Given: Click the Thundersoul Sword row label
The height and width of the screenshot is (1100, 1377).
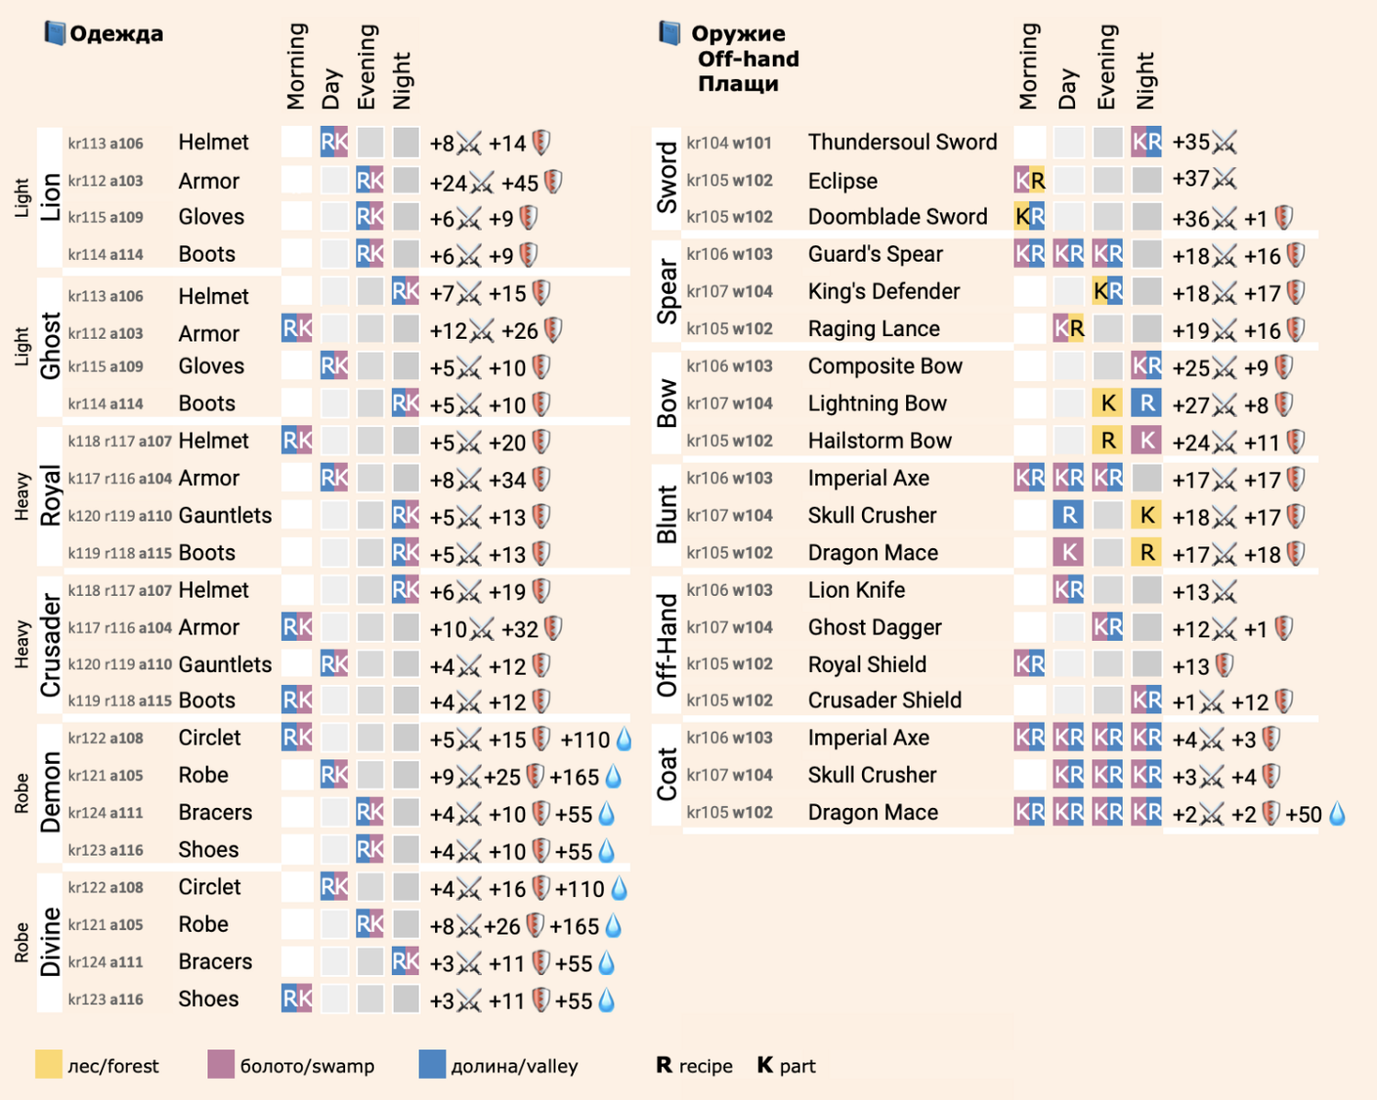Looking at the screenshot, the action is click(x=902, y=142).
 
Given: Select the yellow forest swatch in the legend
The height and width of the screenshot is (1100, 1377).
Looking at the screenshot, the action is click(x=49, y=1063).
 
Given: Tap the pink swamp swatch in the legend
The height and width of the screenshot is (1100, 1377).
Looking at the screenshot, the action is click(x=220, y=1063).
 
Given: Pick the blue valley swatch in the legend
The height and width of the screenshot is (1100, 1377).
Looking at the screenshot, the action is click(x=431, y=1063).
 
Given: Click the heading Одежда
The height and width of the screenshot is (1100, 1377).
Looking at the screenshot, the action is click(x=117, y=33).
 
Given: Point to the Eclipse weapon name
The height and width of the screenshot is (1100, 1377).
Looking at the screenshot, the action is click(x=842, y=181).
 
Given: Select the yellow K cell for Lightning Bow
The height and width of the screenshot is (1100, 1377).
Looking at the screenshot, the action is click(x=1108, y=403).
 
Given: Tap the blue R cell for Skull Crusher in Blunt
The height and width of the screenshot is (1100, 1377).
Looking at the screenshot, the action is click(x=1069, y=515).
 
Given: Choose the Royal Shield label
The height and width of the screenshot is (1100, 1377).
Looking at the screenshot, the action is click(x=867, y=664).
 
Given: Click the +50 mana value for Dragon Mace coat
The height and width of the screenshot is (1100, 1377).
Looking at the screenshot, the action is click(x=1304, y=814).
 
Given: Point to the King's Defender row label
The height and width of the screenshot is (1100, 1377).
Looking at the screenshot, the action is click(x=884, y=291).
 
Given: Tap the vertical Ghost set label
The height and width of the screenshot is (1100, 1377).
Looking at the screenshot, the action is click(x=50, y=345).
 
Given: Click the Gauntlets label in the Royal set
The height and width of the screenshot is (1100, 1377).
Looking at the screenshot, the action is click(x=225, y=515).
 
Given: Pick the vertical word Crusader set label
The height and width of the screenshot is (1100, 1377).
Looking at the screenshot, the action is click(x=50, y=645).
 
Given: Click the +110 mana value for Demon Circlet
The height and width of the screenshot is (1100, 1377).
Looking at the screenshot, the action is click(x=585, y=740).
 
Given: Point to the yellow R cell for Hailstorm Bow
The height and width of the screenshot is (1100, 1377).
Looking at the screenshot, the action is click(x=1108, y=440).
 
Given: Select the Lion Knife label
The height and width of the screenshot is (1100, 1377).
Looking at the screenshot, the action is click(x=856, y=589).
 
